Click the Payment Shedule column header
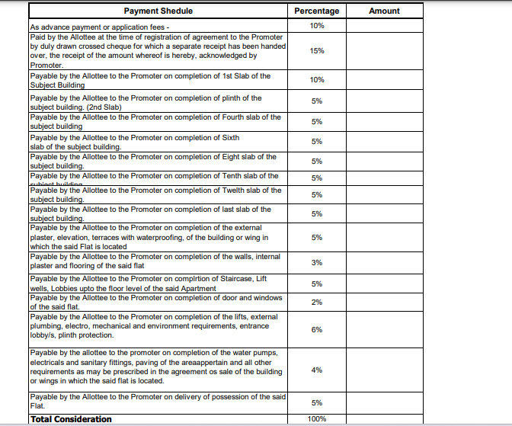pos(158,11)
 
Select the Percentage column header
pos(316,11)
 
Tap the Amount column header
pos(384,11)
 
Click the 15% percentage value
pos(317,51)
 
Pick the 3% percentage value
pos(317,262)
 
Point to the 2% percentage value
pos(317,303)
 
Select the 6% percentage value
pos(317,329)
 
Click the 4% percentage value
pos(317,370)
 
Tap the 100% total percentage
pos(317,419)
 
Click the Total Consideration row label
pos(71,419)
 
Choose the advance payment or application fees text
pos(100,27)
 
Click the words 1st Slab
pos(238,76)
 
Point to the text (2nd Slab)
pos(103,107)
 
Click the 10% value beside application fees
pos(317,26)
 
